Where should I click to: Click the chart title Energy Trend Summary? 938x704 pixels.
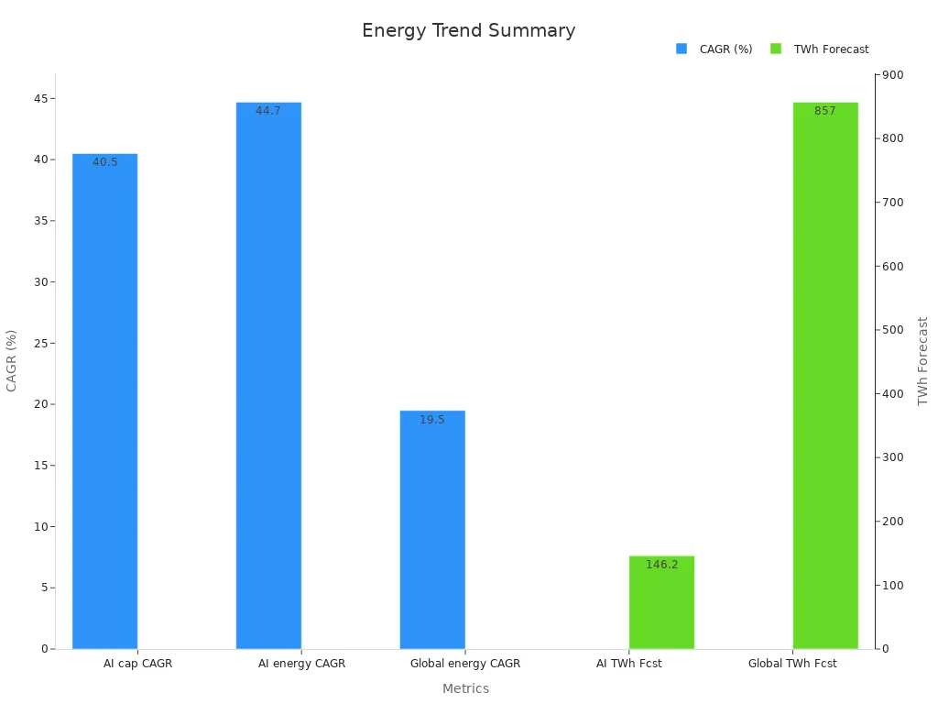(x=468, y=30)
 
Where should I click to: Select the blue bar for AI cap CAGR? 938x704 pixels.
(x=104, y=403)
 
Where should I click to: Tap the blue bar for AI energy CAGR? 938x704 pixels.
(x=268, y=376)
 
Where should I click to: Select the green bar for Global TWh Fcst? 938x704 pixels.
(x=825, y=376)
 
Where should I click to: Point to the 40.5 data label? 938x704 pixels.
(x=104, y=162)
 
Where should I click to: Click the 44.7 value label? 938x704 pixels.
(x=268, y=111)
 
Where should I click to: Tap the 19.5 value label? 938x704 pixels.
(x=432, y=420)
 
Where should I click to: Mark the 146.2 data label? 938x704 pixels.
(x=661, y=565)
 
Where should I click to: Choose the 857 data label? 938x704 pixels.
(x=825, y=111)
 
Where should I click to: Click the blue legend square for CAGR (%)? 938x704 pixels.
(x=682, y=49)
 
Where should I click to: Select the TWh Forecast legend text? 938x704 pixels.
(x=831, y=49)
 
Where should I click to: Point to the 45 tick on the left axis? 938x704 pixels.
(x=40, y=98)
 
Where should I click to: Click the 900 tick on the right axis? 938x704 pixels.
(x=892, y=75)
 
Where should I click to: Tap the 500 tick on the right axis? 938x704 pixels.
(x=892, y=330)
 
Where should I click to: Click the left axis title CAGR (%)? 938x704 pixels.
(x=12, y=360)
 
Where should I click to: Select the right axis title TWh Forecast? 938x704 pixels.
(x=922, y=360)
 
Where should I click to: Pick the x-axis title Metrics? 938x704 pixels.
(x=465, y=688)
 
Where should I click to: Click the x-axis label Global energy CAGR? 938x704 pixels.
(x=465, y=664)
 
